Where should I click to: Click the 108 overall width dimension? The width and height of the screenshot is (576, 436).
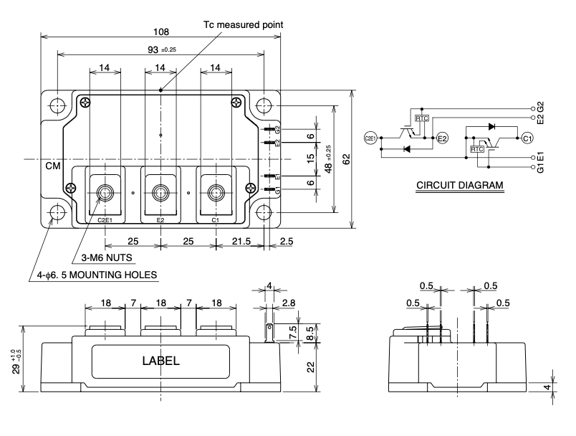161,31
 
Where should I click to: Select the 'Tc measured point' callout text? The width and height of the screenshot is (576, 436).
244,24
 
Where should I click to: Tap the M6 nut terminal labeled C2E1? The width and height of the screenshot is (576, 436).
105,192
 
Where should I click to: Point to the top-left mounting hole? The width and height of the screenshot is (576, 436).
56,105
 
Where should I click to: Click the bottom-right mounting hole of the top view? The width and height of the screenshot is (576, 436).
265,213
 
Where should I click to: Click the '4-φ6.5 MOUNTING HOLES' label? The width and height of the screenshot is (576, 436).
93,274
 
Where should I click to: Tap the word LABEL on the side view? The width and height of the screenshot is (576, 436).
160,361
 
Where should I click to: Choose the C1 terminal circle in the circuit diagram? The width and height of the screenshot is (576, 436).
527,138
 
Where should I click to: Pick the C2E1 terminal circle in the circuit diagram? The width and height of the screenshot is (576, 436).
370,136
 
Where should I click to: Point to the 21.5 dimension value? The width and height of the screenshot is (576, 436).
240,242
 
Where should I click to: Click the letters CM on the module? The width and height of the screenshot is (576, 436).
53,166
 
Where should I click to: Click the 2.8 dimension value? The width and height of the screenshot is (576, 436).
288,304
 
